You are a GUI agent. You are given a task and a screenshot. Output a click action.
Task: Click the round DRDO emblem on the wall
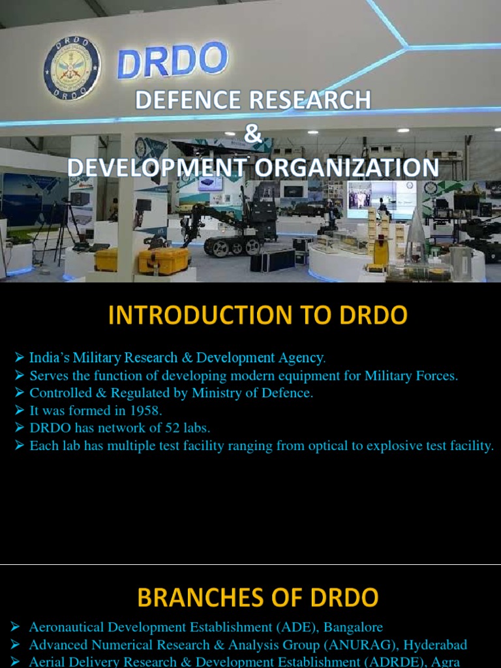click(x=72, y=68)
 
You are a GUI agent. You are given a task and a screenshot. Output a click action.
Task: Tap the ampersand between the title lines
click(x=253, y=134)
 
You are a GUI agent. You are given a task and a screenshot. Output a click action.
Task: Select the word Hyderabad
click(x=435, y=645)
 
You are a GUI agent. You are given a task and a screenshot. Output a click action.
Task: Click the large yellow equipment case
click(x=163, y=260)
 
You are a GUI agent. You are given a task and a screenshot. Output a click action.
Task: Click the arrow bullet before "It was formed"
click(x=20, y=411)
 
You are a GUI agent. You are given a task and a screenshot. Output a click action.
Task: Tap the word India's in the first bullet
click(x=50, y=358)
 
